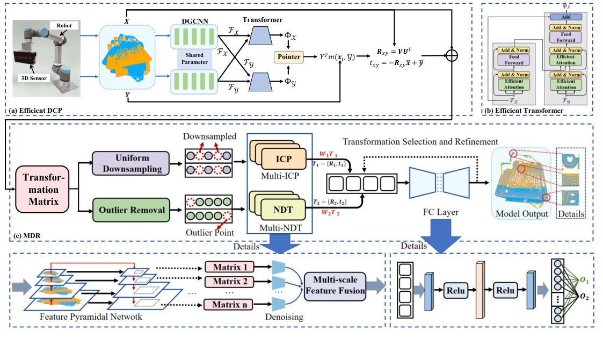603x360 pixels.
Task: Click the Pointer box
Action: pos(288,56)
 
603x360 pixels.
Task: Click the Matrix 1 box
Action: pos(230,267)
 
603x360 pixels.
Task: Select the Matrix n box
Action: pos(230,305)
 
